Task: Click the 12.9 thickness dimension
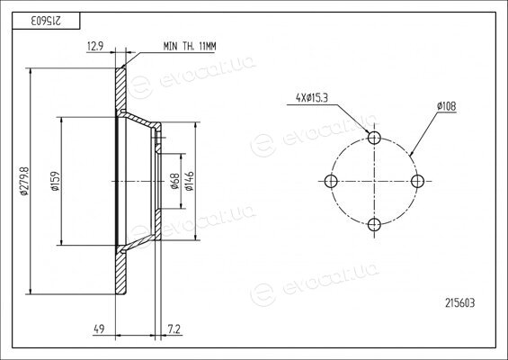click(95, 47)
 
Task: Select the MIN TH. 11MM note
click(190, 47)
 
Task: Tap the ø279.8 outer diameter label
click(25, 181)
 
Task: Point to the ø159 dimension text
click(56, 181)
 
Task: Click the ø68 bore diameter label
click(175, 181)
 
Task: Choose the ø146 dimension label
click(189, 181)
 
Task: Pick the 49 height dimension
click(99, 329)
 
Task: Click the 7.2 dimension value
click(174, 329)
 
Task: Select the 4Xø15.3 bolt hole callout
click(312, 97)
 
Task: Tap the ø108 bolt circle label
click(446, 106)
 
